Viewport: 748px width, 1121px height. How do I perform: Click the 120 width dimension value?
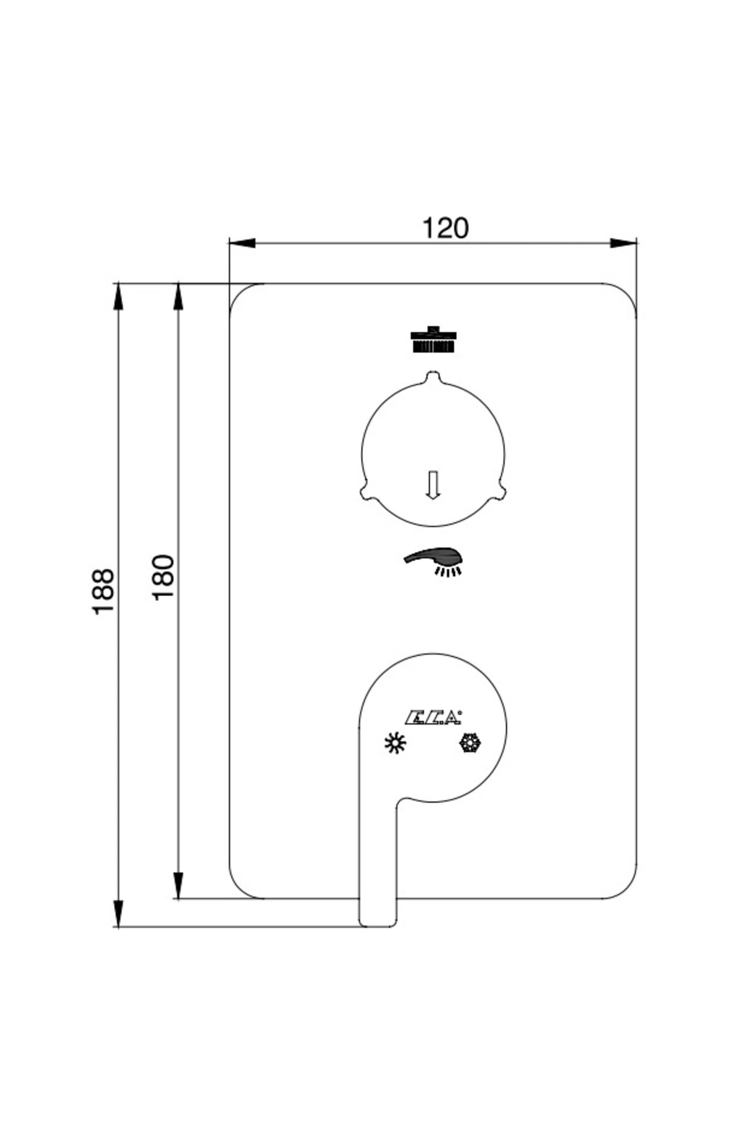(x=445, y=229)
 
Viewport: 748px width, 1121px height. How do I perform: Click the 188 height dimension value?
(x=103, y=591)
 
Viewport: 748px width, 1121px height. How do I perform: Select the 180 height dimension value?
(x=163, y=577)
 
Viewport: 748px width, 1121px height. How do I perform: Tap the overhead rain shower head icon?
(x=433, y=341)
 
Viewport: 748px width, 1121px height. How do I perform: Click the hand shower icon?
(x=435, y=559)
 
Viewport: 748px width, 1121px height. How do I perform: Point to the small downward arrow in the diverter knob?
(x=433, y=485)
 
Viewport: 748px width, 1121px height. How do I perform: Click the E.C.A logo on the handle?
(x=434, y=718)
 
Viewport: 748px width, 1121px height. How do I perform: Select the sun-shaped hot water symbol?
(x=395, y=743)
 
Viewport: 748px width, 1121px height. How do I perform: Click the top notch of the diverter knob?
(x=433, y=377)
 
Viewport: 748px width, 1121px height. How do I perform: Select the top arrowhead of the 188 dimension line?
(x=117, y=296)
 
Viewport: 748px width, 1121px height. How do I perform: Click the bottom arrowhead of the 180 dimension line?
(x=178, y=885)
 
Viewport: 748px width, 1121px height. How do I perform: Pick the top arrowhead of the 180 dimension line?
(x=178, y=296)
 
